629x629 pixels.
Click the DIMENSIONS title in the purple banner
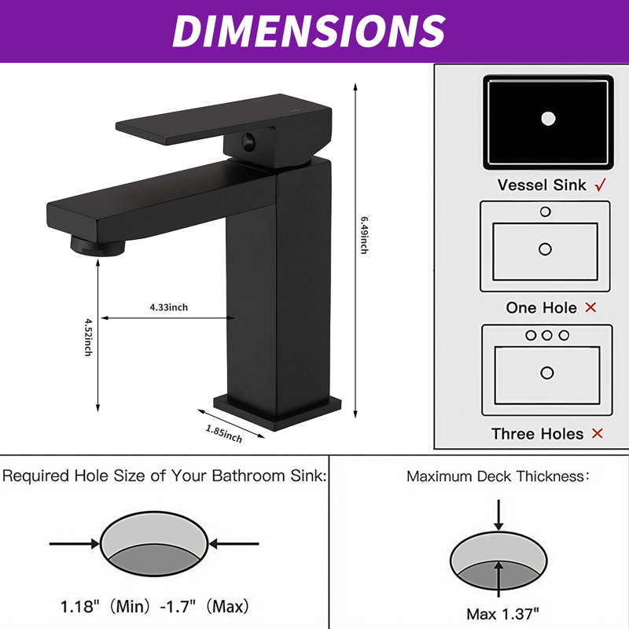[308, 31]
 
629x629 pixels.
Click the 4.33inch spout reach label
[168, 307]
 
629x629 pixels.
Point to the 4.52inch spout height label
[89, 337]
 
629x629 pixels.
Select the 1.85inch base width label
[224, 433]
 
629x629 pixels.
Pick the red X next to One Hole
[590, 307]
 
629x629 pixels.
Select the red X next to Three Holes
[597, 433]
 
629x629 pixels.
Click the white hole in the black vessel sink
[548, 119]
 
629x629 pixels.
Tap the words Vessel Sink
[542, 186]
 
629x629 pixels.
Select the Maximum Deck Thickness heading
[496, 476]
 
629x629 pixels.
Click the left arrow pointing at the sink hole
[75, 543]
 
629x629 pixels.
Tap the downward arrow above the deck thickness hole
[498, 516]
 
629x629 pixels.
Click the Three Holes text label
[537, 433]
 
